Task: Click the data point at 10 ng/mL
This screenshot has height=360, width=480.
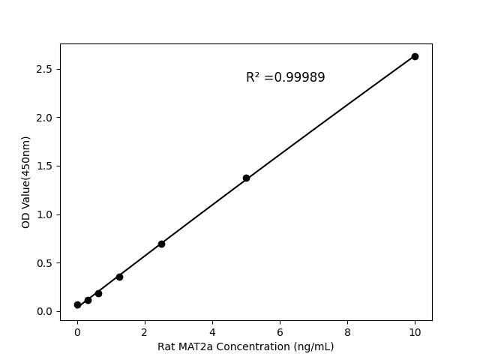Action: coord(415,56)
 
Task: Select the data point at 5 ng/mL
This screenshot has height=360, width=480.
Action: coord(246,178)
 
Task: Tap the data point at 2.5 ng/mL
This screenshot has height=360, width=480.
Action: coord(161,244)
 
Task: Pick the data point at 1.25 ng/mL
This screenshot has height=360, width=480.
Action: coord(119,277)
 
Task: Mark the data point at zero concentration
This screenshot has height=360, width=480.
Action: coord(77,305)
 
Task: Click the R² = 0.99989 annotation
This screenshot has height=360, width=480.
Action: coord(285,77)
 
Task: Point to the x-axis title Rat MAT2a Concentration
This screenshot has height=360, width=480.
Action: coord(245,346)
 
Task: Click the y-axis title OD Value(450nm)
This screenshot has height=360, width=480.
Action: coord(26,181)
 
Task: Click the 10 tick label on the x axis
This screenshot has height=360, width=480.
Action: coord(415,331)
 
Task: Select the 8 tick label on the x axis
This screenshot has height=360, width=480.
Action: coord(347,331)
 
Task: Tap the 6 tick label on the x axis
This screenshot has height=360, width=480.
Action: coord(280,331)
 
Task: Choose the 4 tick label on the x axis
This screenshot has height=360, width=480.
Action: coord(212,331)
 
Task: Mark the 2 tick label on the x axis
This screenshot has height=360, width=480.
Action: coord(145,331)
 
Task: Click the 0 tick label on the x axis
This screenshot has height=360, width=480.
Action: coord(77,331)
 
